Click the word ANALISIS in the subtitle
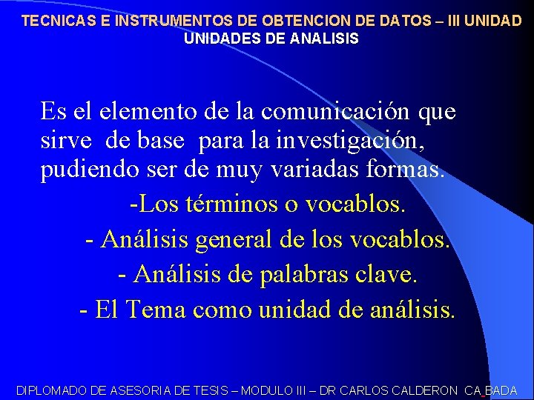(x=323, y=39)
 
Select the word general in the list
(x=232, y=239)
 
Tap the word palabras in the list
(x=299, y=275)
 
